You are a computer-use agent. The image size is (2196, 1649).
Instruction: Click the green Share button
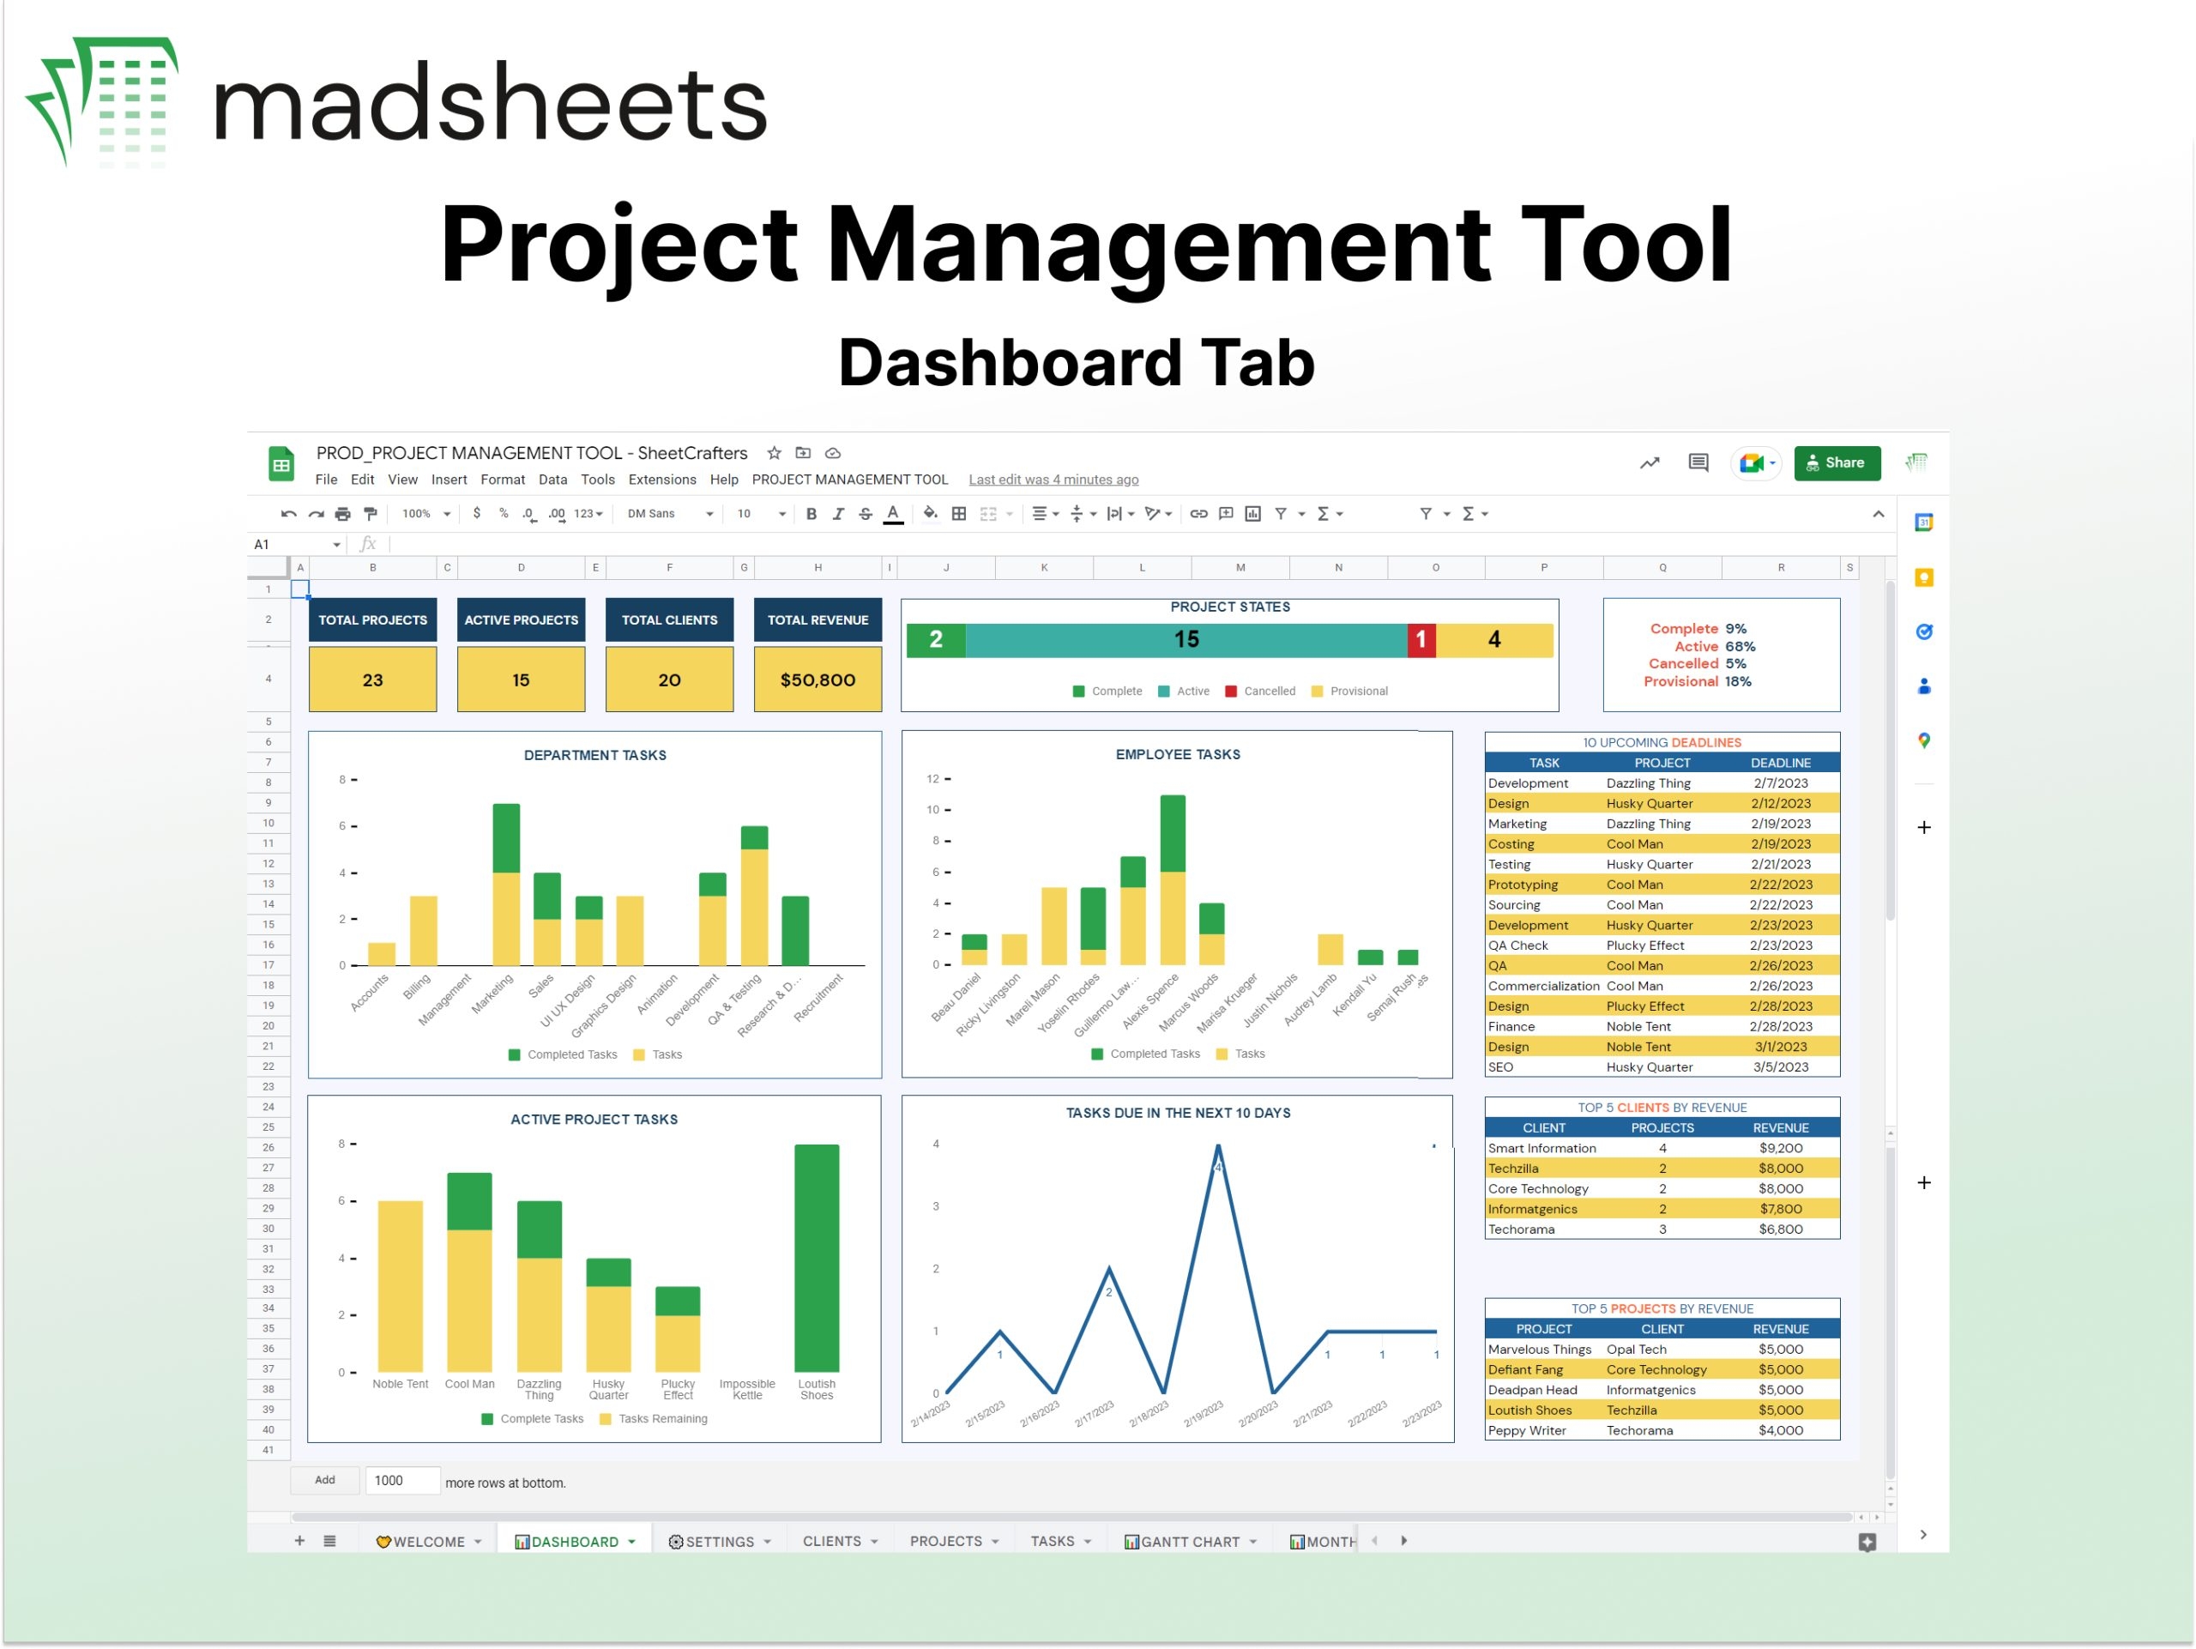tap(1836, 462)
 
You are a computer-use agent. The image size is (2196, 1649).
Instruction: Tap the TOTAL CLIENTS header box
tap(669, 619)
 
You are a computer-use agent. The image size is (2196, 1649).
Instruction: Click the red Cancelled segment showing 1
tap(1421, 639)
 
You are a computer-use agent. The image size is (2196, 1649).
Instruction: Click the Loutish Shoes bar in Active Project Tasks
tap(816, 1258)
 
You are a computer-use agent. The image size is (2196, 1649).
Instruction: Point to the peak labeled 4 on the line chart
tap(1218, 1149)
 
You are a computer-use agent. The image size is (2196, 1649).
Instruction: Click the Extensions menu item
tap(661, 480)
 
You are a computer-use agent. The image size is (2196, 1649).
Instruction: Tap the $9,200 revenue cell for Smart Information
tap(1780, 1148)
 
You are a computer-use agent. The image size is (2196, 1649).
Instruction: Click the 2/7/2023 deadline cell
tap(1780, 783)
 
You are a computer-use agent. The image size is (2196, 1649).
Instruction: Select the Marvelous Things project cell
tap(1539, 1350)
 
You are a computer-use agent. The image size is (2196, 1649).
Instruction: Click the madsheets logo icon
tap(101, 101)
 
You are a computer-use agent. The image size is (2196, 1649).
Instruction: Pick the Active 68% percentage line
tap(1714, 646)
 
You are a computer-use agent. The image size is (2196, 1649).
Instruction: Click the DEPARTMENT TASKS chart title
tap(594, 756)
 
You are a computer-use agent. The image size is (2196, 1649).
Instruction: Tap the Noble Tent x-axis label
tap(400, 1384)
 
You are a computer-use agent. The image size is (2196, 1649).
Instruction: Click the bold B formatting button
tap(811, 513)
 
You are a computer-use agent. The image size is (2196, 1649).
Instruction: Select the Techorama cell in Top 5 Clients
tap(1521, 1229)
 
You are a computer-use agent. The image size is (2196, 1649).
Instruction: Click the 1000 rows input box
tap(401, 1480)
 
